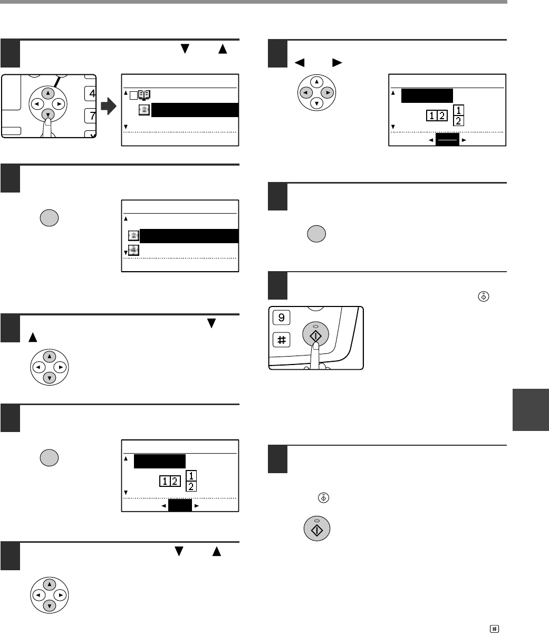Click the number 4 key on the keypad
90,93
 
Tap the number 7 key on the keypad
90,116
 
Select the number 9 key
282,318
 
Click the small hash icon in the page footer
494,629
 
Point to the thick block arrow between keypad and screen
109,106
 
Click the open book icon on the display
144,95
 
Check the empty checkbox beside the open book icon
133,95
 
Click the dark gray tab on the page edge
531,410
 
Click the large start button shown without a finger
317,529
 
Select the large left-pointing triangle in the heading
300,62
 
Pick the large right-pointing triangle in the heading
337,62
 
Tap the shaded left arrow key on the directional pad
306,92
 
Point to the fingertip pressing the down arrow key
48,121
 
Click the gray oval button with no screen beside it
316,234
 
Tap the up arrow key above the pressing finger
48,93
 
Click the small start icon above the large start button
323,498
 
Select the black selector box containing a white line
447,140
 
